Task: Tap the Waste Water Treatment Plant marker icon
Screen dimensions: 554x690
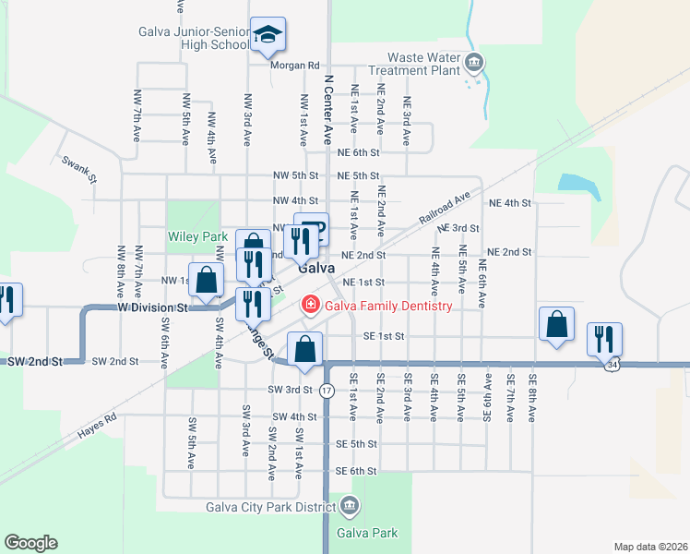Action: pos(475,64)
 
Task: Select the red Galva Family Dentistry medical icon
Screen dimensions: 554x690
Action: pos(311,305)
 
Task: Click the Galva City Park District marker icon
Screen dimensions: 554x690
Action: pos(350,505)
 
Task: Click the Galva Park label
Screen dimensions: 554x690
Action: pos(367,533)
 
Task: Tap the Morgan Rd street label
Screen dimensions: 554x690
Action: pos(294,66)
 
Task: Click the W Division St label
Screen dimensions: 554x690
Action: pos(152,306)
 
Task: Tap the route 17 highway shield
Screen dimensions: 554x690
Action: pos(327,391)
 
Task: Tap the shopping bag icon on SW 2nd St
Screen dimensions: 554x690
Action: pos(304,349)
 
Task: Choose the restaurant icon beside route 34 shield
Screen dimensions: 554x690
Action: pos(604,338)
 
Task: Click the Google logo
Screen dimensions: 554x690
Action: pos(30,543)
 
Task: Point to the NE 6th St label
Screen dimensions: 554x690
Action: pos(358,153)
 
